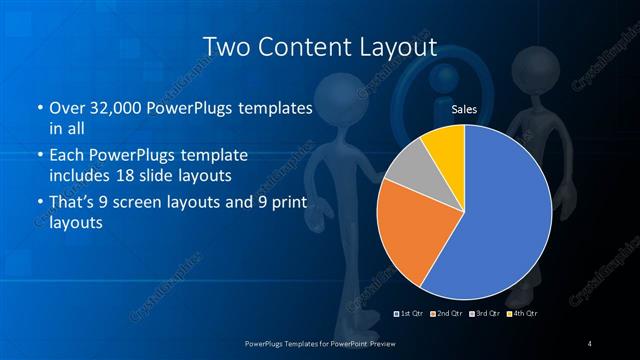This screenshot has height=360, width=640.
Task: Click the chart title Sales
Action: pyautogui.click(x=463, y=108)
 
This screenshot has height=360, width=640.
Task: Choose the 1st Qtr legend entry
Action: pyautogui.click(x=408, y=315)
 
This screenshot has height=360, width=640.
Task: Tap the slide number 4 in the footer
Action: pyautogui.click(x=590, y=344)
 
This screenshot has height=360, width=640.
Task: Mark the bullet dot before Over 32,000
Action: pyautogui.click(x=39, y=108)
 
